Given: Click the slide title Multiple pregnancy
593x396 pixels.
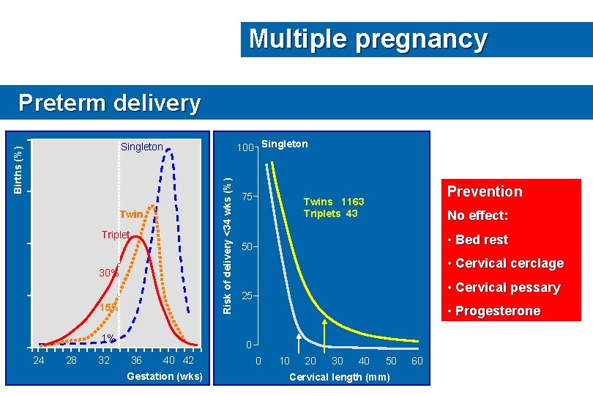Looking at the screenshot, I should pyautogui.click(x=368, y=38).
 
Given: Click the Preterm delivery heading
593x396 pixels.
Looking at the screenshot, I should pyautogui.click(x=109, y=103).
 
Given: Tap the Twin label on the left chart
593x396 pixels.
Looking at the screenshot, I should pyautogui.click(x=132, y=214).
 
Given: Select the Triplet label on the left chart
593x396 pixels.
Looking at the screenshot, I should pyautogui.click(x=116, y=235).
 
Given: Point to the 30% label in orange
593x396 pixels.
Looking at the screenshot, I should pyautogui.click(x=109, y=273).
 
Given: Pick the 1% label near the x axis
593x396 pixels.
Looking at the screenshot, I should pyautogui.click(x=108, y=338).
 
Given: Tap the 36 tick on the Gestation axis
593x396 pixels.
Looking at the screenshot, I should pyautogui.click(x=136, y=360).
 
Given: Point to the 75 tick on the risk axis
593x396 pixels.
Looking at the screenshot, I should pyautogui.click(x=248, y=197).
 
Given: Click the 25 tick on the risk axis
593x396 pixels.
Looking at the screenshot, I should pyautogui.click(x=248, y=296).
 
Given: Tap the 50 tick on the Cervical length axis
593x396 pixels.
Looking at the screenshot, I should pyautogui.click(x=391, y=361).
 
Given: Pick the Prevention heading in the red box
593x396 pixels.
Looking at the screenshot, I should pyautogui.click(x=485, y=191).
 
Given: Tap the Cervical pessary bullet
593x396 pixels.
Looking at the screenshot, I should pyautogui.click(x=507, y=287).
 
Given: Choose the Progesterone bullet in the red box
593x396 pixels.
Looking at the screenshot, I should pyautogui.click(x=497, y=311).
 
